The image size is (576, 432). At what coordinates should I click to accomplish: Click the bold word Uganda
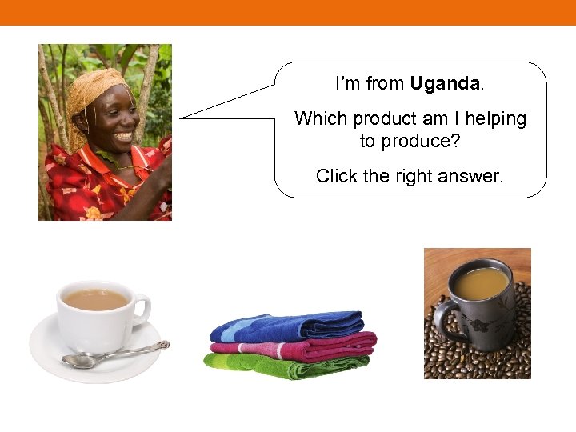pos(445,83)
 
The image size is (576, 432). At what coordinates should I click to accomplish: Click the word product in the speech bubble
pos(385,119)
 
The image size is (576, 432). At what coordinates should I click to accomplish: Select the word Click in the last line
pos(337,176)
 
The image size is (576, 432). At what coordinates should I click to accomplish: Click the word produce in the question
pos(423,142)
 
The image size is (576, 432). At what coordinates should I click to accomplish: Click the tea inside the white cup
pos(95,299)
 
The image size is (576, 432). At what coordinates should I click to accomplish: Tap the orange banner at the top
pos(288,12)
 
